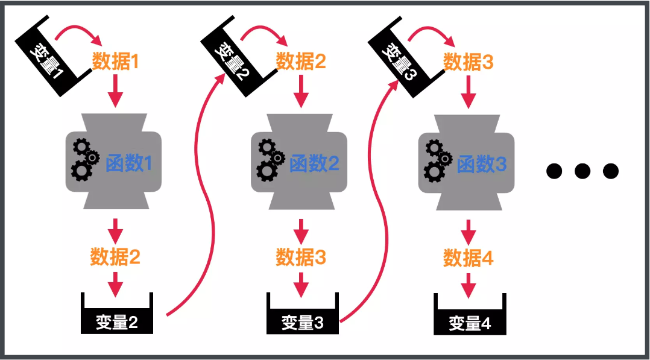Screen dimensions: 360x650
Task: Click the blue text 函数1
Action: [129, 163]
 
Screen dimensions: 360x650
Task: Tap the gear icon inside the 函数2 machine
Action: [269, 160]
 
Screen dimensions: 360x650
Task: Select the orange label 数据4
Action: [469, 259]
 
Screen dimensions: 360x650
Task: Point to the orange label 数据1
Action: [115, 62]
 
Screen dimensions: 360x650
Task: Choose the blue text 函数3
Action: [482, 164]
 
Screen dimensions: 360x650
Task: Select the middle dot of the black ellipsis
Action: [582, 171]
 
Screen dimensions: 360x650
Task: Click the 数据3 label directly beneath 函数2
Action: [301, 257]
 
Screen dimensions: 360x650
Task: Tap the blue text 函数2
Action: [314, 163]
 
